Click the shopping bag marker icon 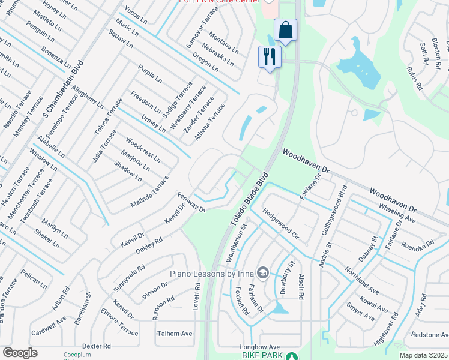286,29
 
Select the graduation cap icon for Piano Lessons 262,274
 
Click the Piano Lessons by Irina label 211,274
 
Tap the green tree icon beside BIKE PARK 291,356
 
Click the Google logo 20,353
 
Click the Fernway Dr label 191,202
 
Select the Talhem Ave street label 175,334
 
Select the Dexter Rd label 97,346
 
